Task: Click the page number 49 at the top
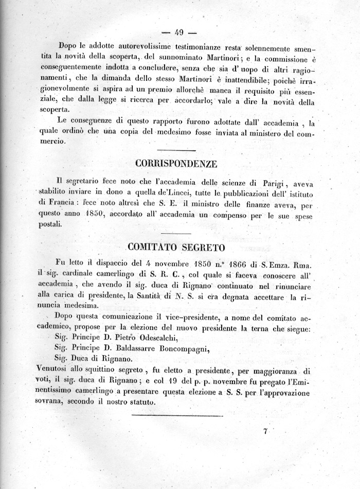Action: click(179, 32)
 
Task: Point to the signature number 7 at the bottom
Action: click(265, 432)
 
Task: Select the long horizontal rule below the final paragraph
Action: click(177, 415)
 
